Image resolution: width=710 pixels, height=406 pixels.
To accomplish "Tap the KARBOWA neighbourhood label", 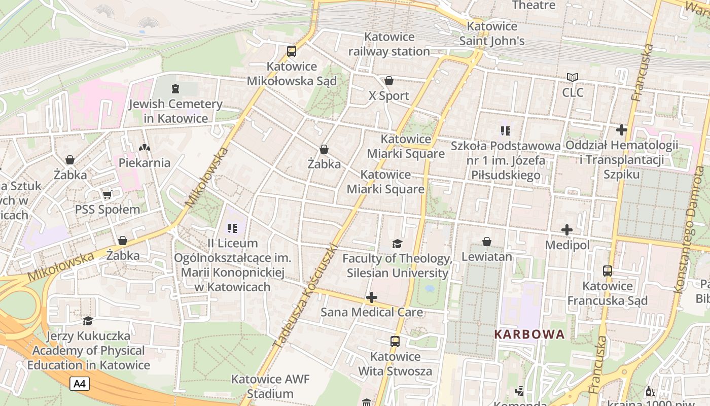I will point(529,334).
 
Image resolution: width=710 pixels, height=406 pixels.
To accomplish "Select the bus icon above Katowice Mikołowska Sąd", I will point(292,51).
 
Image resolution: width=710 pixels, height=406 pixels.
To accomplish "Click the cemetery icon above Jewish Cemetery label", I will point(175,89).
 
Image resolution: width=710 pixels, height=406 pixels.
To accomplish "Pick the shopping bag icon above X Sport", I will point(389,81).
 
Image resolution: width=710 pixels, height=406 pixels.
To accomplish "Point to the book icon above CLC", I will point(573,77).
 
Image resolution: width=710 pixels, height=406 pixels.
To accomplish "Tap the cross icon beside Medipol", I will point(567,230).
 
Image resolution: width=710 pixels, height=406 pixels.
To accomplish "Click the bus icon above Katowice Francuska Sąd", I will point(608,270).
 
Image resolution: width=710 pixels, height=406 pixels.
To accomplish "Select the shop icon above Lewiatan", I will point(487,241).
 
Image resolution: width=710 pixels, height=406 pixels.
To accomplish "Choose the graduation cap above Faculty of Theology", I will point(397,244).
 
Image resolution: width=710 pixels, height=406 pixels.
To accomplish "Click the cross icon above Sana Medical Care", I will point(372,297).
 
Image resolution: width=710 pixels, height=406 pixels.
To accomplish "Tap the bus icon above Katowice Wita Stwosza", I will point(395,342).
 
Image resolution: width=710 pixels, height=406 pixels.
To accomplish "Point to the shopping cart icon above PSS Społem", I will point(107,194).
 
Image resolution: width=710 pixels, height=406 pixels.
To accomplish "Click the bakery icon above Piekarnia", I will point(145,148).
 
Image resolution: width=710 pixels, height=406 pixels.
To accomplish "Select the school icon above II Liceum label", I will point(232,228).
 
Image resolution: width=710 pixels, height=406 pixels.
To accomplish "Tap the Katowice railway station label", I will point(389,44).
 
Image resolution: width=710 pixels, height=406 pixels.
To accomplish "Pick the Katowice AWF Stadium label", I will point(270,386).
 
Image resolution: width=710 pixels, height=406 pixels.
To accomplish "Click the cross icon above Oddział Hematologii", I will point(622,130).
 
